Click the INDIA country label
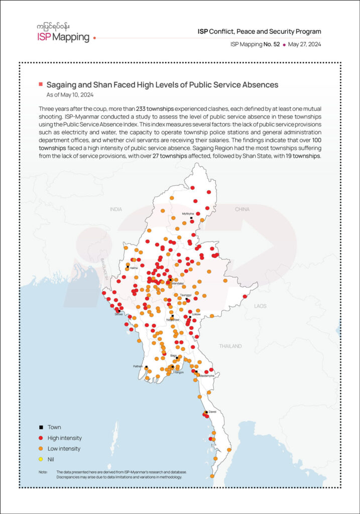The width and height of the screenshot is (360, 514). (x=116, y=209)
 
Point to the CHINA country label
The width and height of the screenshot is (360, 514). (x=242, y=209)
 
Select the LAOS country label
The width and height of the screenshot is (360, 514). (x=260, y=306)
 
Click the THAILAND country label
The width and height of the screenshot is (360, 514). (x=230, y=346)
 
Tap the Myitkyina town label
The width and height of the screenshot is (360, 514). (x=188, y=213)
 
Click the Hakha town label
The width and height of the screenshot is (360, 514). (x=134, y=268)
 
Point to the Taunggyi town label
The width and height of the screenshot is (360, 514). (x=185, y=295)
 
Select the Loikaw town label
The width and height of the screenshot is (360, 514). (x=195, y=314)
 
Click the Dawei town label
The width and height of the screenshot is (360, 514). (x=212, y=412)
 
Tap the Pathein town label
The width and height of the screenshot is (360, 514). (x=138, y=366)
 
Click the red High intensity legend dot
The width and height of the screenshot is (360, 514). (x=40, y=438)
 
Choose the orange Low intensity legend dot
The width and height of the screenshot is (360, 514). (x=40, y=449)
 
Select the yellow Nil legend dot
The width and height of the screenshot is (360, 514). (x=40, y=459)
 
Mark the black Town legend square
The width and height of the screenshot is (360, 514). (x=40, y=427)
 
